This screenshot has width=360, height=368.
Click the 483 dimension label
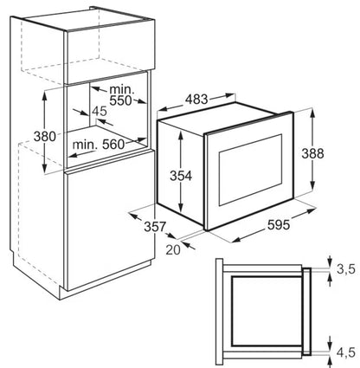(196, 100)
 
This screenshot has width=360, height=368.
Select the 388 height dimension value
(312, 153)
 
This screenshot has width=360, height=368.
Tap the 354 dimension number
(181, 176)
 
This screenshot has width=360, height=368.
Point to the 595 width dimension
(279, 225)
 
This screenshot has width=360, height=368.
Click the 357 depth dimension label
(155, 227)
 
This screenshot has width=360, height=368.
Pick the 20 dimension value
(173, 249)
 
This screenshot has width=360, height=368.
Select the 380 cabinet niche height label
(45, 136)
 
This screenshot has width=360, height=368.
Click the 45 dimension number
(100, 111)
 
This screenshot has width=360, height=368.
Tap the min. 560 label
(99, 145)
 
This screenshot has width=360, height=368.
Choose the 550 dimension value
(120, 100)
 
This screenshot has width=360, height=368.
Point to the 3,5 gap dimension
(346, 269)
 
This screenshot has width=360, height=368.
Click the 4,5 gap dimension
(346, 352)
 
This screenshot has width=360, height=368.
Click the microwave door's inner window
(250, 170)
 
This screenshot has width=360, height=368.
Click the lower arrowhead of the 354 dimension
(181, 209)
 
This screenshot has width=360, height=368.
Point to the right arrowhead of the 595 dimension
(311, 211)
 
